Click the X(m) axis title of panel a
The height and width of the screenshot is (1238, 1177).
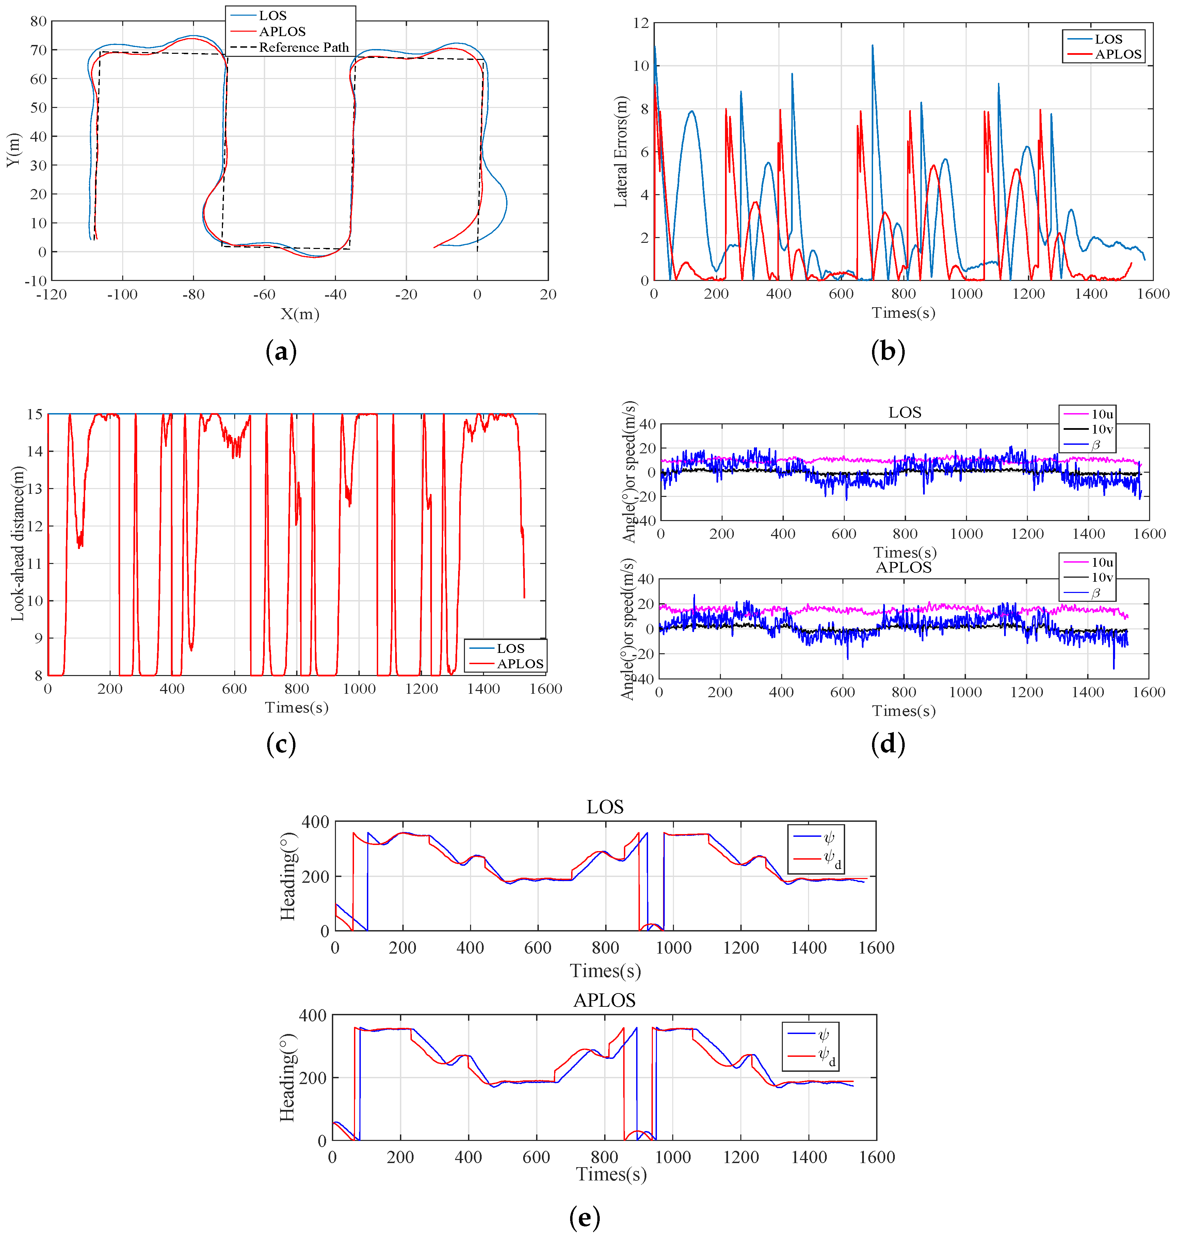[x=299, y=314]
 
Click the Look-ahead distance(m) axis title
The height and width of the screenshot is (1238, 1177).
[x=18, y=544]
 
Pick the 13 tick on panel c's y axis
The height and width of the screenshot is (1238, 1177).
[x=34, y=488]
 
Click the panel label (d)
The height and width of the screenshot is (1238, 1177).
[x=888, y=744]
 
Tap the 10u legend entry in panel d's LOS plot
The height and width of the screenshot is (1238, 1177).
[x=1102, y=414]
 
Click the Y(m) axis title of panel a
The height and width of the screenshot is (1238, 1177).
[x=13, y=151]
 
